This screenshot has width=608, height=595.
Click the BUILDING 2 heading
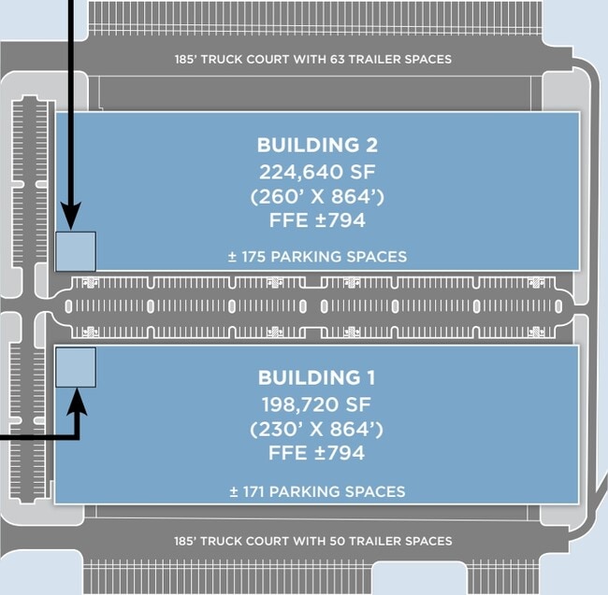pos(317,145)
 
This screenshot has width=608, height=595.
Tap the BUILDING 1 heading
pos(317,377)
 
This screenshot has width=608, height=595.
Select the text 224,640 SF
pos(317,172)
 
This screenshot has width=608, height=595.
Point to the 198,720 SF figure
pos(316,404)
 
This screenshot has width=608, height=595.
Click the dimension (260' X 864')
pos(317,197)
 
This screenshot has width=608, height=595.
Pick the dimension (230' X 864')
pos(316,430)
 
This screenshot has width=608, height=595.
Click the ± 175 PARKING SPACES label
pos(318,257)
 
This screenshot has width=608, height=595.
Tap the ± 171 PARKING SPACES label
pos(317,491)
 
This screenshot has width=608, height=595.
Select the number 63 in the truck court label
pos(338,59)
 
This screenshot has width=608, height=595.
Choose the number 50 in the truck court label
pos(338,541)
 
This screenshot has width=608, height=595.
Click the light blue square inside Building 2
pos(76,251)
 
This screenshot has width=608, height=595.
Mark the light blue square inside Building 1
pos(76,367)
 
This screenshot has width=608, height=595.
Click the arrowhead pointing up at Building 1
pos(77,402)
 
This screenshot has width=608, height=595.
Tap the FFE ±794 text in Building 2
pos(317,220)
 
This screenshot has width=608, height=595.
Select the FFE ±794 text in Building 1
pos(316,453)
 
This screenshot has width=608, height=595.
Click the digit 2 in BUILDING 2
pos(371,145)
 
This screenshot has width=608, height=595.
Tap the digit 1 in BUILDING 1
pos(371,377)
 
